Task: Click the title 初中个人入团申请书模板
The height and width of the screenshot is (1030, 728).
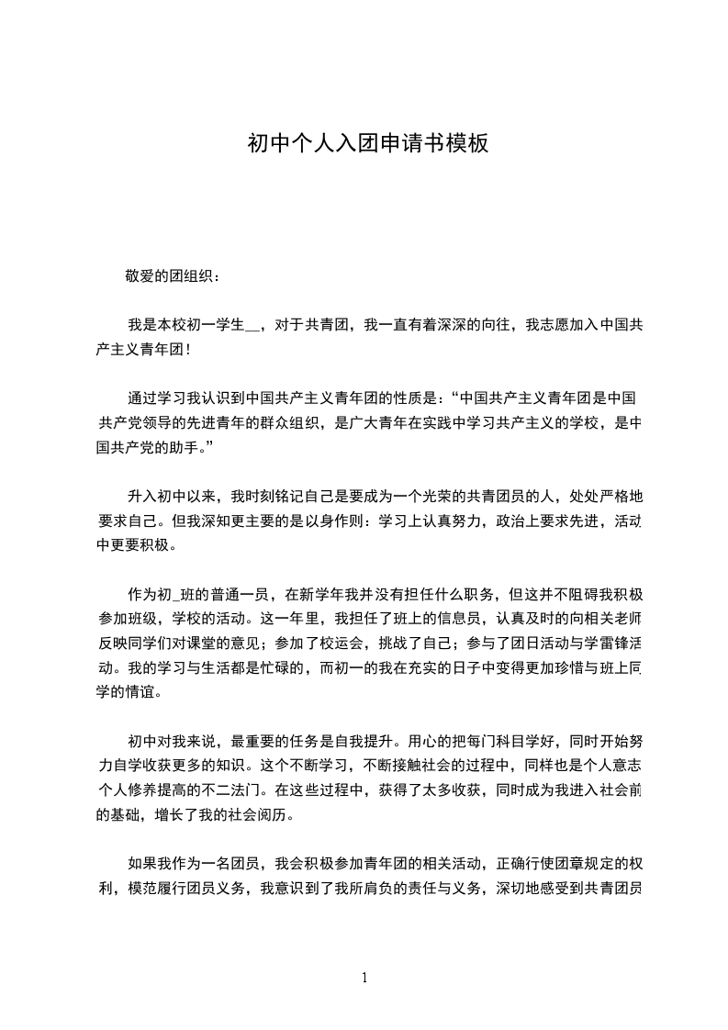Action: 367,144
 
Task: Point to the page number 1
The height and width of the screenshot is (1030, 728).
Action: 365,978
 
